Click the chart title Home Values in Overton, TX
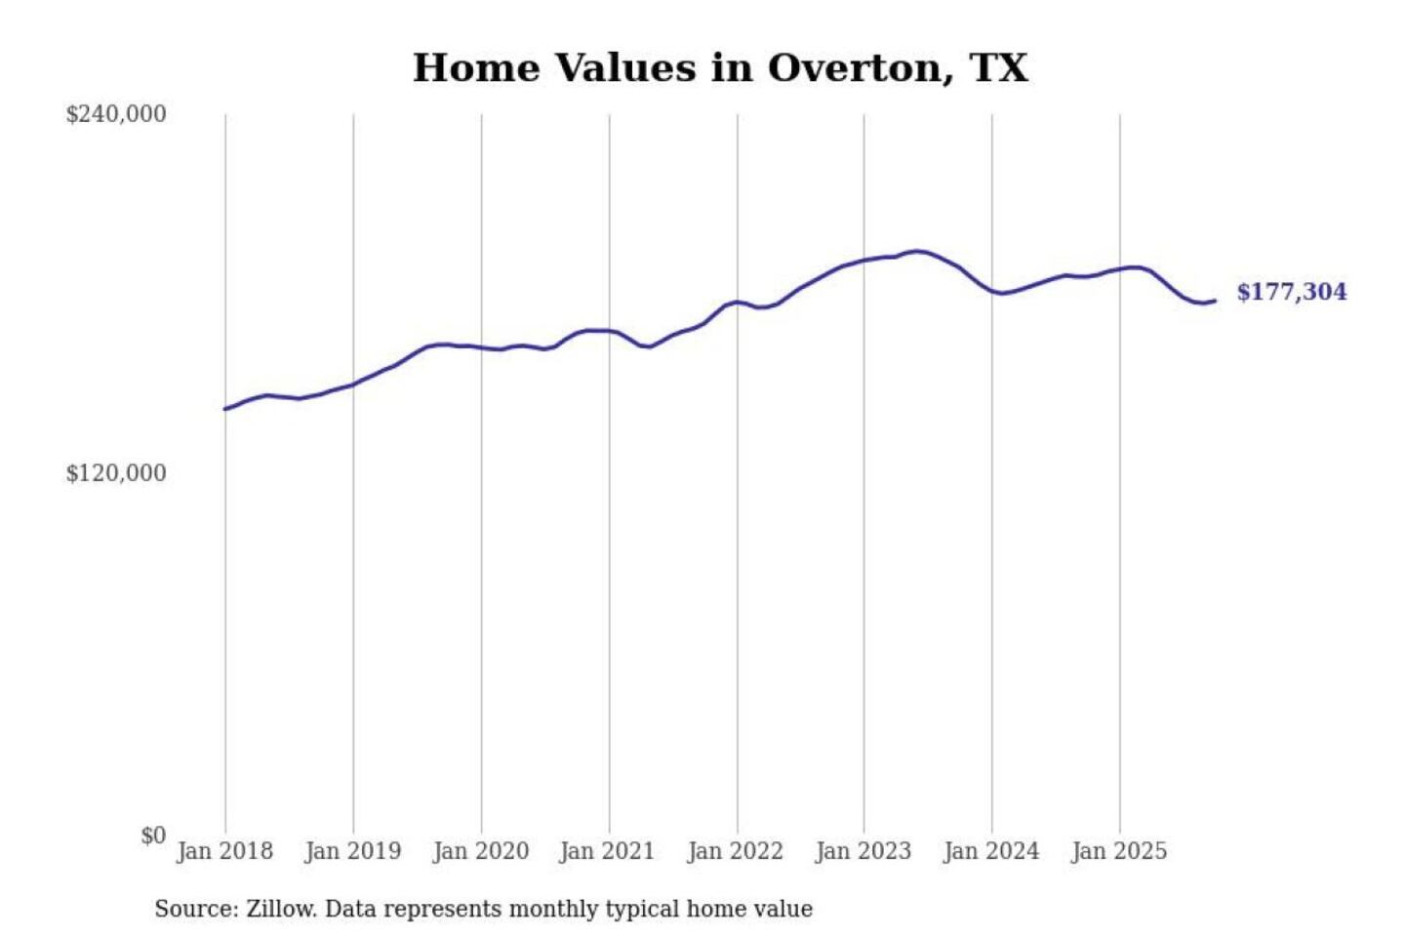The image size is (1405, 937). pyautogui.click(x=720, y=68)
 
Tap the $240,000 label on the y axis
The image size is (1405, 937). pyautogui.click(x=116, y=114)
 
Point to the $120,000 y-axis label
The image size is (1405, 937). pyautogui.click(x=116, y=473)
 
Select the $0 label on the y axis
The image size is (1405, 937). pyautogui.click(x=153, y=835)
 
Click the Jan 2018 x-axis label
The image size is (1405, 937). pyautogui.click(x=224, y=851)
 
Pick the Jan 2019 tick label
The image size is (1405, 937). pyautogui.click(x=352, y=851)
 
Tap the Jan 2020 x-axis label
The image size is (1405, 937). pyautogui.click(x=480, y=851)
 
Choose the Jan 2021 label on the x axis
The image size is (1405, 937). pyautogui.click(x=607, y=851)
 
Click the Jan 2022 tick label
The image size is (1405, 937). pyautogui.click(x=735, y=851)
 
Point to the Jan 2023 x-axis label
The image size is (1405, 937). pyautogui.click(x=863, y=851)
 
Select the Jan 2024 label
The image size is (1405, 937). pyautogui.click(x=990, y=851)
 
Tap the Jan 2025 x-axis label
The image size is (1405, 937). pyautogui.click(x=1118, y=851)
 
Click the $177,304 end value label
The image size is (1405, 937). pyautogui.click(x=1291, y=292)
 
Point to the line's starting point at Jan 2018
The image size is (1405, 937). pyautogui.click(x=225, y=409)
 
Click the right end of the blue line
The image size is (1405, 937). pyautogui.click(x=1215, y=301)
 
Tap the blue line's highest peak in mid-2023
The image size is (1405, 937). pyautogui.click(x=917, y=251)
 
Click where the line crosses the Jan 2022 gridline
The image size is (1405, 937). pyautogui.click(x=738, y=302)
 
